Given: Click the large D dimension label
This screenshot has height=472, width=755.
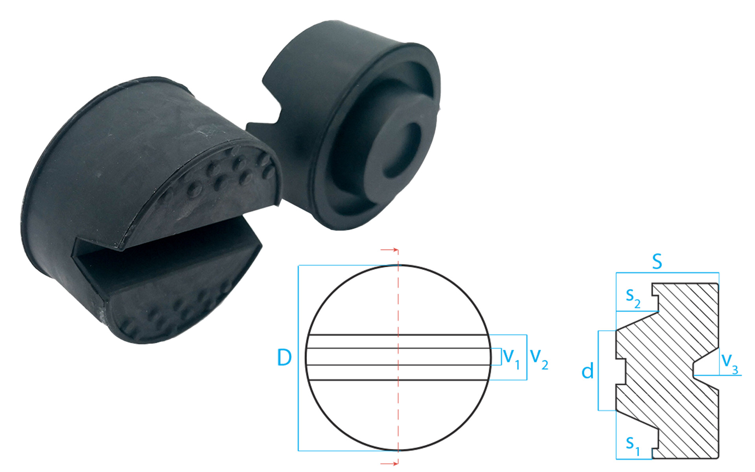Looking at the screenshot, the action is pos(284,357).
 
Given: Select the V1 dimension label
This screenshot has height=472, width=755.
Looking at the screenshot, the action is pos(512,358).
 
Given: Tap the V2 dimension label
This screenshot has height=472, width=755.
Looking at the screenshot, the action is pos(539,358).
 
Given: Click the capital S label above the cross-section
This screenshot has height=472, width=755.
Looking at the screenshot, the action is pos(657,262).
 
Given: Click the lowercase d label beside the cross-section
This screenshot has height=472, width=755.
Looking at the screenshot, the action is pos(587,371).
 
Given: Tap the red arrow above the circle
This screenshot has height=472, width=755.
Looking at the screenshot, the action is pos(390,250).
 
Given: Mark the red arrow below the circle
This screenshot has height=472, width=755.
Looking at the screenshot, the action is pos(390,464).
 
